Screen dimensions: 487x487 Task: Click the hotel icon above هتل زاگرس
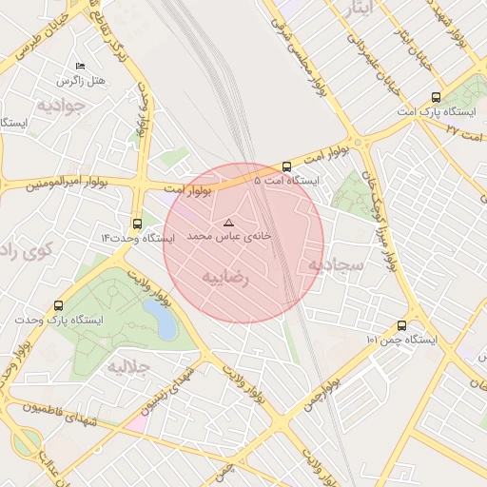80,66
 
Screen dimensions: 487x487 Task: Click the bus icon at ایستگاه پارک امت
436,97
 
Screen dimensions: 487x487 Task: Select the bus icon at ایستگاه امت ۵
287,166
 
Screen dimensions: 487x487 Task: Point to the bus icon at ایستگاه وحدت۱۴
139,224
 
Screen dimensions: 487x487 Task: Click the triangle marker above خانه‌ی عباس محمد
227,222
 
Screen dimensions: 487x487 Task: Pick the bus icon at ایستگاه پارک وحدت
60,306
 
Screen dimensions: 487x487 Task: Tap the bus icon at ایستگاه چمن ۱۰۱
401,325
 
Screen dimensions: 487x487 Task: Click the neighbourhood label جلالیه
129,366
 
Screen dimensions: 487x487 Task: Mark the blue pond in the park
165,322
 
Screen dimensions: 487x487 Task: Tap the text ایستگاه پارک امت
437,111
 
